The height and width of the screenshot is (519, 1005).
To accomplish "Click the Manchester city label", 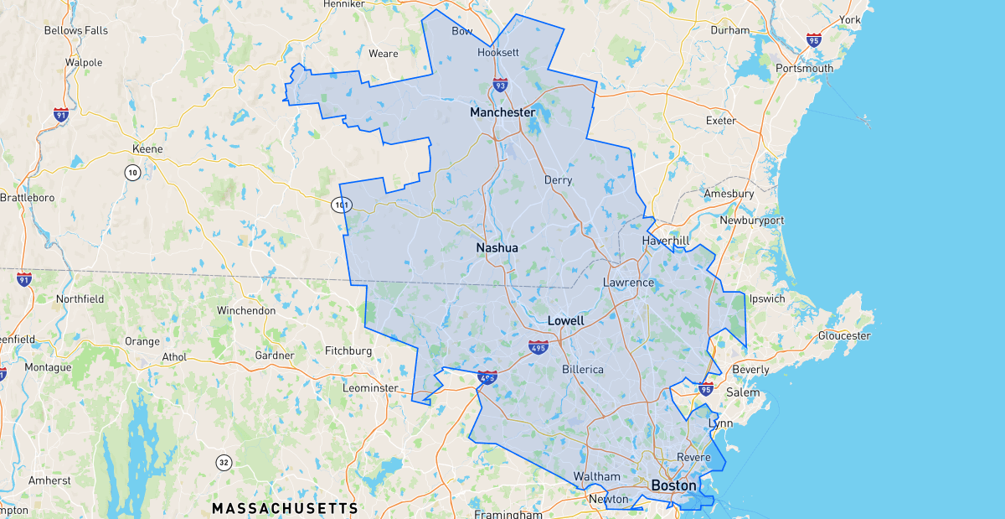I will pyautogui.click(x=502, y=112).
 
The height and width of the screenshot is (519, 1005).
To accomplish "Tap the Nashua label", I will pyautogui.click(x=497, y=248).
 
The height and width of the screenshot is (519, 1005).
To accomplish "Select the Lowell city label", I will pyautogui.click(x=565, y=321).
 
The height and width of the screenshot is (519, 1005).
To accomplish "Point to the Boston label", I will pyautogui.click(x=673, y=485).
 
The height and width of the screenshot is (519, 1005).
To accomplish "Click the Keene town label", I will pyautogui.click(x=147, y=149).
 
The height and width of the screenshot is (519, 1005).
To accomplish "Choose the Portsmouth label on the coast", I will pyautogui.click(x=804, y=68).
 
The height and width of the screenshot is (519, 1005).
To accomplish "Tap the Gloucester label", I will pyautogui.click(x=844, y=335).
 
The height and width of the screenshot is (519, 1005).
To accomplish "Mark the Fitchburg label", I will pyautogui.click(x=348, y=350).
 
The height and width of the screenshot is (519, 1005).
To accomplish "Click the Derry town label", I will pyautogui.click(x=558, y=180).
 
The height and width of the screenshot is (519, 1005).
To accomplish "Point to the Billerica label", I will pyautogui.click(x=582, y=369).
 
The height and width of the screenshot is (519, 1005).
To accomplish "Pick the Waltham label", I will pyautogui.click(x=596, y=476).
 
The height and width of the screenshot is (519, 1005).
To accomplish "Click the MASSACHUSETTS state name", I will pyautogui.click(x=285, y=509).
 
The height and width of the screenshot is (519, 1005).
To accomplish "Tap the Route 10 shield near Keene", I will pyautogui.click(x=132, y=173).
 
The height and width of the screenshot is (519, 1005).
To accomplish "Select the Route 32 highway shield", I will pyautogui.click(x=224, y=462).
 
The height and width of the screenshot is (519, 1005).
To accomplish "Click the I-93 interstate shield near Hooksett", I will pyautogui.click(x=500, y=85).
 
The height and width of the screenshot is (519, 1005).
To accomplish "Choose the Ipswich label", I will pyautogui.click(x=767, y=298).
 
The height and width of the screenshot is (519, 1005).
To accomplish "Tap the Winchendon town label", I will pyautogui.click(x=246, y=310).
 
